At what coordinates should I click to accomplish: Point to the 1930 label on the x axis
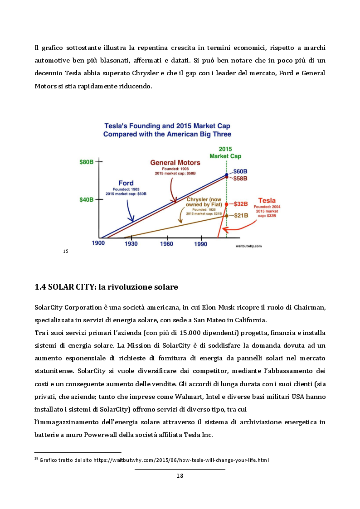131,243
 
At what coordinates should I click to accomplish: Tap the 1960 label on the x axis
166,243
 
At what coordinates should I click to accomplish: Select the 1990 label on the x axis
201,243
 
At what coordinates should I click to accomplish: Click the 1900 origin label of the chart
98,243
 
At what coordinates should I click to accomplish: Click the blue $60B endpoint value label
240,171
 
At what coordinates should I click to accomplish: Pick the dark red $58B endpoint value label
240,179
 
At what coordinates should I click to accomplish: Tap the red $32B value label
241,204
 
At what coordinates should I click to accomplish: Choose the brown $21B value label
241,215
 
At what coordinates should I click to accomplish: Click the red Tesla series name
267,200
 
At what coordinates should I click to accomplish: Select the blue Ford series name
126,183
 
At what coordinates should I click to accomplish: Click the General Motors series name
175,162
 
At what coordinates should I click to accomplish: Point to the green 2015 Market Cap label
225,152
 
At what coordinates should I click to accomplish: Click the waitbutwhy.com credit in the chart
249,246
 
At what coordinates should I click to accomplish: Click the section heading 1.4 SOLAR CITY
106,287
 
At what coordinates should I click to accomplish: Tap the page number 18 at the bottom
180,475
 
